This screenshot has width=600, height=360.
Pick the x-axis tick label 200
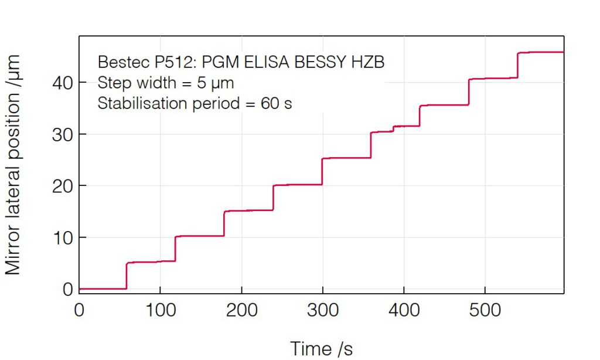[241, 310]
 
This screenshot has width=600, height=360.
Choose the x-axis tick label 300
[323, 310]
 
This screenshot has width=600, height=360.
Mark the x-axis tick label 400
[404, 310]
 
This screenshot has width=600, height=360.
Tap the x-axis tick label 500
[485, 310]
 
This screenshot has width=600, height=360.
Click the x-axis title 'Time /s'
[322, 348]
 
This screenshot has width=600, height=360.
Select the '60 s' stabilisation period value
[277, 104]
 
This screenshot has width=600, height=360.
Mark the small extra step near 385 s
[393, 129]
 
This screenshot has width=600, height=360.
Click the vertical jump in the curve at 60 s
[127, 276]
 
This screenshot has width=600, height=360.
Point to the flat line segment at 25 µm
[346, 158]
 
